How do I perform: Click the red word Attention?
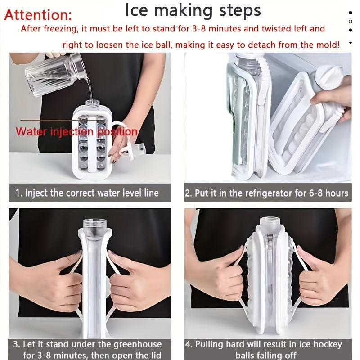(x=38, y=15)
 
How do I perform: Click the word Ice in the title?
(x=136, y=10)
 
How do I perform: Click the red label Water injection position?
(x=76, y=132)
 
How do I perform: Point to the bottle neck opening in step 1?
(x=93, y=103)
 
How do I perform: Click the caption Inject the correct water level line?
(x=92, y=193)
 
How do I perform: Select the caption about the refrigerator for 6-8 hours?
(x=267, y=193)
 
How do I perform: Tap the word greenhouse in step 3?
(x=138, y=344)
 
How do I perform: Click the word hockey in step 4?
(x=328, y=344)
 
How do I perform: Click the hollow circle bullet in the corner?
(x=351, y=21)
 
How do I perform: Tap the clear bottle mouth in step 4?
(x=270, y=222)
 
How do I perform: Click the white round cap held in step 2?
(x=329, y=77)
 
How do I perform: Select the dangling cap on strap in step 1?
(x=134, y=149)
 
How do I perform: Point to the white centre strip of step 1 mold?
(x=92, y=144)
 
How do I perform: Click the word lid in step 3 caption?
(x=155, y=355)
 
